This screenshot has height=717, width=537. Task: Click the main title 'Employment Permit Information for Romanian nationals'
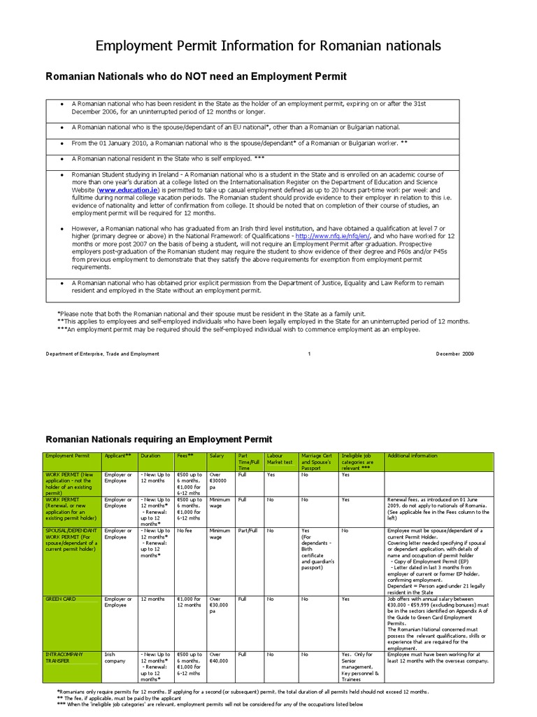coord(268,46)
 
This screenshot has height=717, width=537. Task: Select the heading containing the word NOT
coord(195,76)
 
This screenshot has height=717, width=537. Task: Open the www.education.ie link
coord(129,190)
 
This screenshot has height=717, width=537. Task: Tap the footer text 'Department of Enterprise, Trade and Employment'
coord(103,354)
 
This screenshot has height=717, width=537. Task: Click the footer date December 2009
coord(454,354)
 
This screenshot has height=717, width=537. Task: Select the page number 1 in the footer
coord(308,354)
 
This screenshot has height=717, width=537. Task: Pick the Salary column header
coord(217,456)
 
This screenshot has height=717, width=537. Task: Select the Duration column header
coord(150,456)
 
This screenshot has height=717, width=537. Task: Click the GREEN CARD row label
coord(61,599)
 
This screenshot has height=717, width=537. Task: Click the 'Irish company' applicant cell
coord(115,657)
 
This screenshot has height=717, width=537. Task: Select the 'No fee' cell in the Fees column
coord(185,531)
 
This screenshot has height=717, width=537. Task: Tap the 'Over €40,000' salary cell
coord(220,657)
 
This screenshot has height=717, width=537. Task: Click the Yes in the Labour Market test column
coord(271,474)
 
